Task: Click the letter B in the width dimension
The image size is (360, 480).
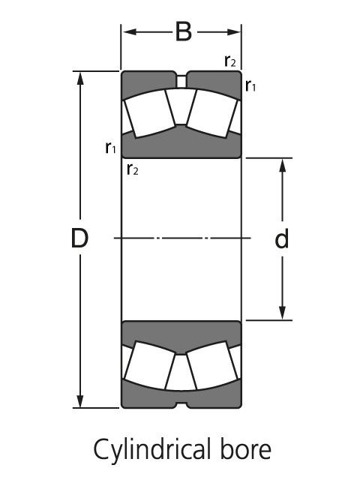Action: [182, 32]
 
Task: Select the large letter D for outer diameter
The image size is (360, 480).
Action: [79, 239]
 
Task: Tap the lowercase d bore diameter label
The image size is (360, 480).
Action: [282, 239]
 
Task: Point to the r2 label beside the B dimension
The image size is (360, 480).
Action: [232, 61]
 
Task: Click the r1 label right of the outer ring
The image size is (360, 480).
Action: [251, 87]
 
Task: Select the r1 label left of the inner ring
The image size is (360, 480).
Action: [111, 147]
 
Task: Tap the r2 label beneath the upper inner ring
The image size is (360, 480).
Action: [133, 169]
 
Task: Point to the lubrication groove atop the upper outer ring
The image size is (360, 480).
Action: [181, 78]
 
